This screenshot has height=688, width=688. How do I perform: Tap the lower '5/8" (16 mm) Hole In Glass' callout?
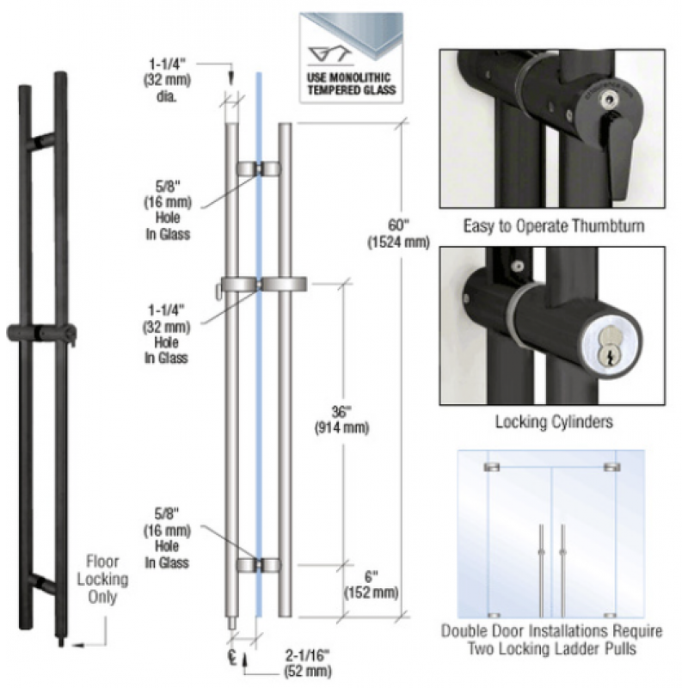click(167, 537)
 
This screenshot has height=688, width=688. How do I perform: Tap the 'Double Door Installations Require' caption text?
click(552, 632)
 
